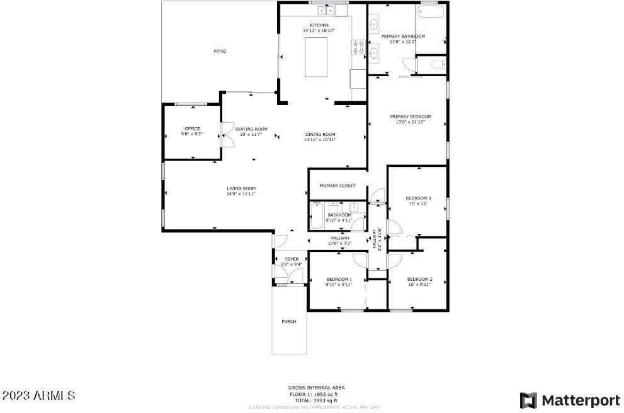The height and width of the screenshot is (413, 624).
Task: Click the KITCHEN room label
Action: (319, 25)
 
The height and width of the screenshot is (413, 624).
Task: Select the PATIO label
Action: (219, 51)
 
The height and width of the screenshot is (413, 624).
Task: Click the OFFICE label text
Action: (192, 128)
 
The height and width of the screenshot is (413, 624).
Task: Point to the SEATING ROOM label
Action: (251, 128)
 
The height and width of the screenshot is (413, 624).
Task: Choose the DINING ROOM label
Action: (320, 134)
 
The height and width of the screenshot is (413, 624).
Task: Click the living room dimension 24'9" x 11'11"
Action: (241, 194)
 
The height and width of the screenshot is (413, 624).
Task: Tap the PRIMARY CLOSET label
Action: (338, 186)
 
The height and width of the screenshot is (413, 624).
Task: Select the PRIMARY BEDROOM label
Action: (410, 116)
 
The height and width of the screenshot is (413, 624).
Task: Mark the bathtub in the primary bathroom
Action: (431, 13)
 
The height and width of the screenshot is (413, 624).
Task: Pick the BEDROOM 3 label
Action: (418, 198)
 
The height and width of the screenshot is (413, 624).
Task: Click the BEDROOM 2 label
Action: (419, 279)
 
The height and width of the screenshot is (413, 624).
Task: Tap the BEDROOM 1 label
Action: (339, 279)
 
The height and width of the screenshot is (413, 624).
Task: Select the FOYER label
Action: (292, 259)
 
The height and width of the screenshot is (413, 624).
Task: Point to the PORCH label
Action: (289, 321)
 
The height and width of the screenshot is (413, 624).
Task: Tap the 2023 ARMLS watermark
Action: (38, 396)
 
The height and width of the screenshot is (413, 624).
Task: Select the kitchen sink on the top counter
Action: (326, 10)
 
